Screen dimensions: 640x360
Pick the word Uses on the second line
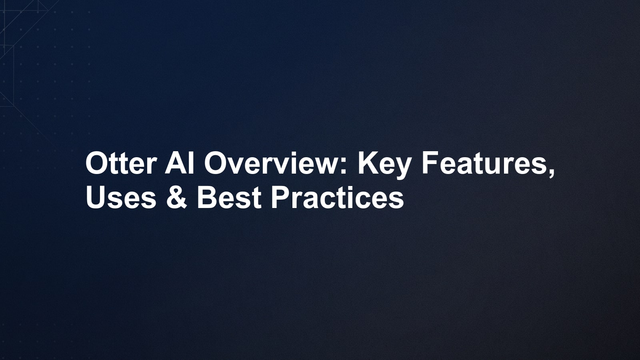coord(121,198)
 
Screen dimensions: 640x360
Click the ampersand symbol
coord(176,198)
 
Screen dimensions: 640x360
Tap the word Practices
coord(338,198)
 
